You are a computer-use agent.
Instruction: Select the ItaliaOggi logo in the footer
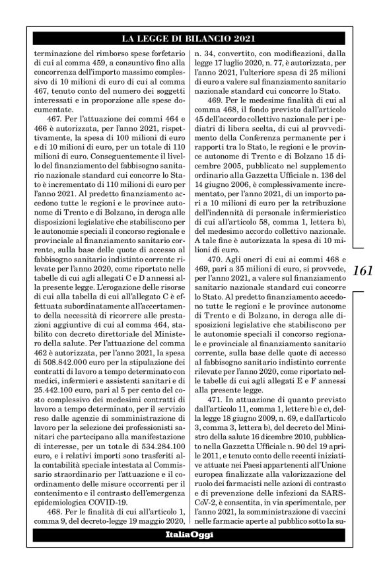click(x=189, y=534)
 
